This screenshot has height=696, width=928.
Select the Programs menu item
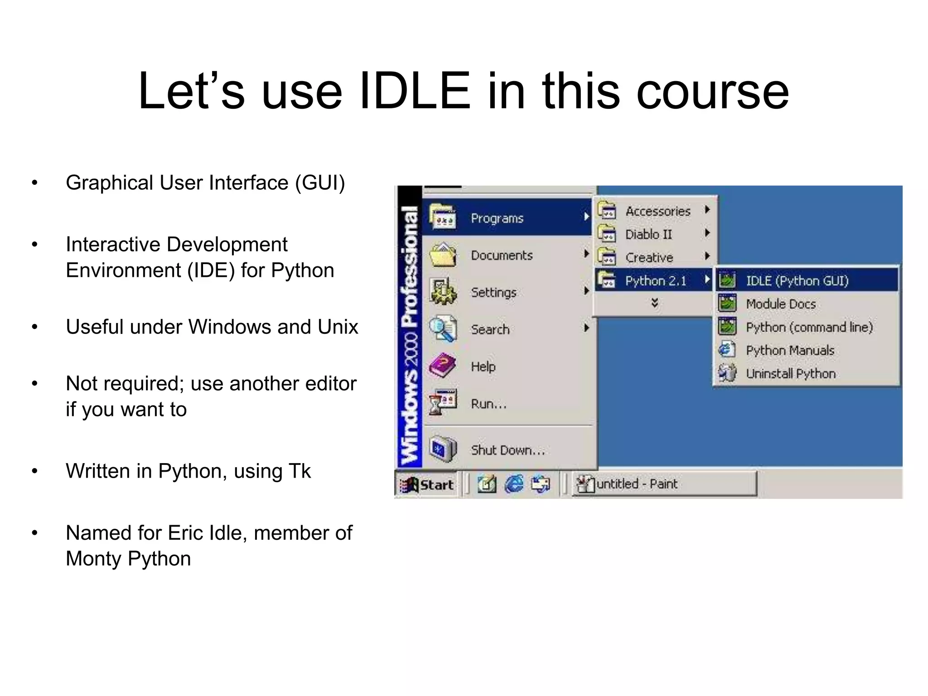[497, 218]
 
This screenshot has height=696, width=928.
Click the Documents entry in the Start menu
[502, 256]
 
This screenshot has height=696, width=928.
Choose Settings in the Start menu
[493, 293]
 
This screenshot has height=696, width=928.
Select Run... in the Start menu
[488, 404]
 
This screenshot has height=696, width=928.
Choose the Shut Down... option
[507, 450]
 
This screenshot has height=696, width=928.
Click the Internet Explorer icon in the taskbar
[514, 484]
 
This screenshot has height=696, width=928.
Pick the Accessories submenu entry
[657, 211]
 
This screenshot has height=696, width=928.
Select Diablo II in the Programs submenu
[648, 234]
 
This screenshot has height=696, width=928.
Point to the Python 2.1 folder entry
[655, 281]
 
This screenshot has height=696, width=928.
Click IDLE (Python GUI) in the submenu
[797, 281]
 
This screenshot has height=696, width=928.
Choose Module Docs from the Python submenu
[781, 304]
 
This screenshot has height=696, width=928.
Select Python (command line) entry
[809, 327]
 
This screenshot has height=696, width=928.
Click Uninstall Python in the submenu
[791, 374]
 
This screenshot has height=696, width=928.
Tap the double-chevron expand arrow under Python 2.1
[654, 303]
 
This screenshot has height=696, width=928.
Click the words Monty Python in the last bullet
[128, 559]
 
